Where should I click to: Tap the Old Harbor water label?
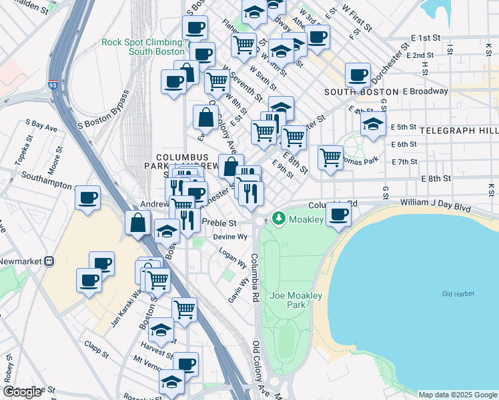tap(456, 294)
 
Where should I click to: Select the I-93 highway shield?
tap(53, 85)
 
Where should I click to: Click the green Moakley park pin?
tap(277, 218)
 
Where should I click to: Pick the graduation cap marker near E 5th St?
tap(373, 124)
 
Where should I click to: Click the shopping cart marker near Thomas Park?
tap(330, 158)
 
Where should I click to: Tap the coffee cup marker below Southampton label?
tap(88, 198)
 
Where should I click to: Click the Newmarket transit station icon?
tap(49, 262)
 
